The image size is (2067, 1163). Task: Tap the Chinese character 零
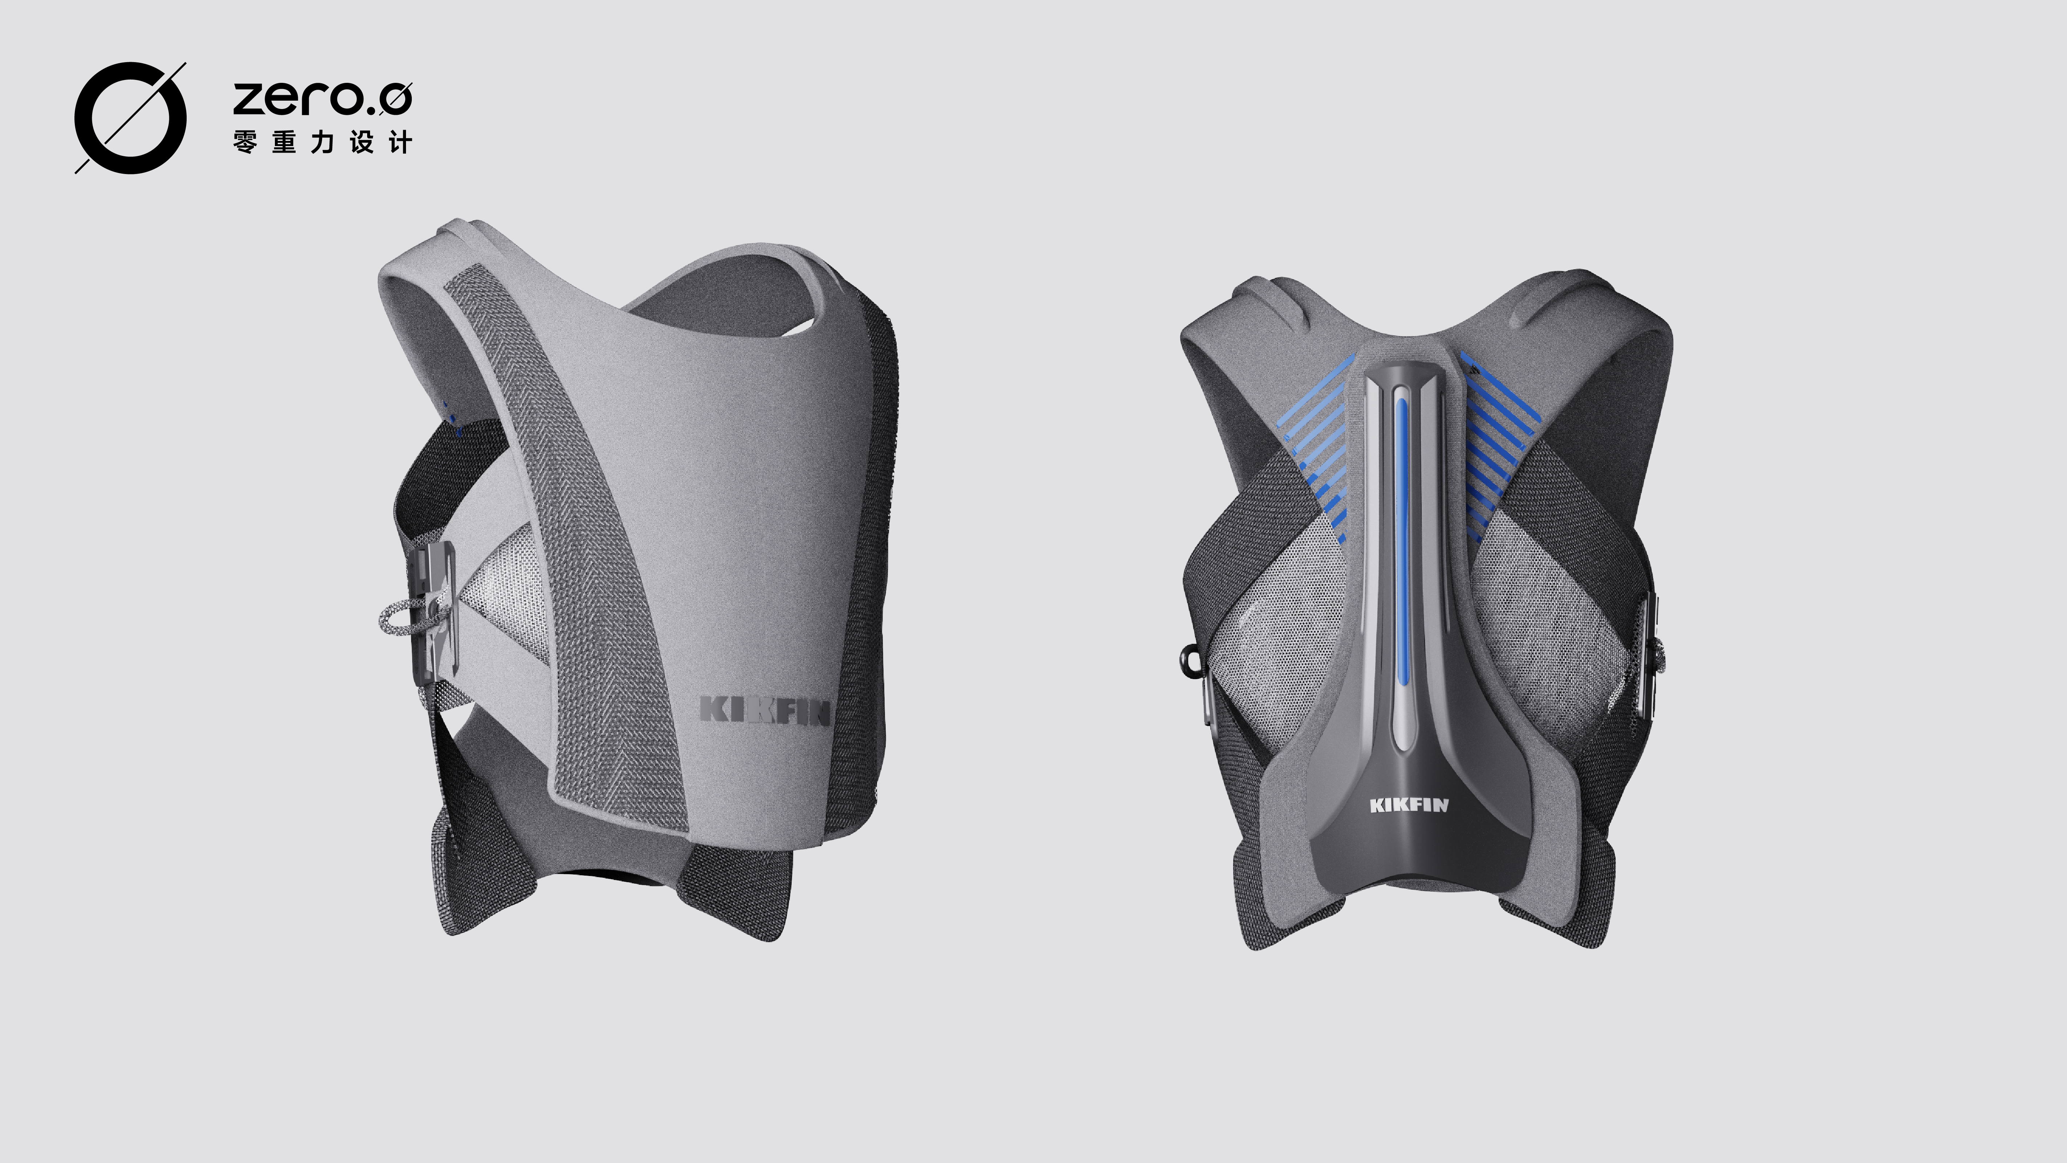[x=245, y=143]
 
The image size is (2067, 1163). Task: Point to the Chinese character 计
[x=399, y=143]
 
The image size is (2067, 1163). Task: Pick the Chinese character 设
[x=361, y=143]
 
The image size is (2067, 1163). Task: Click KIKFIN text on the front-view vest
[x=764, y=710]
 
